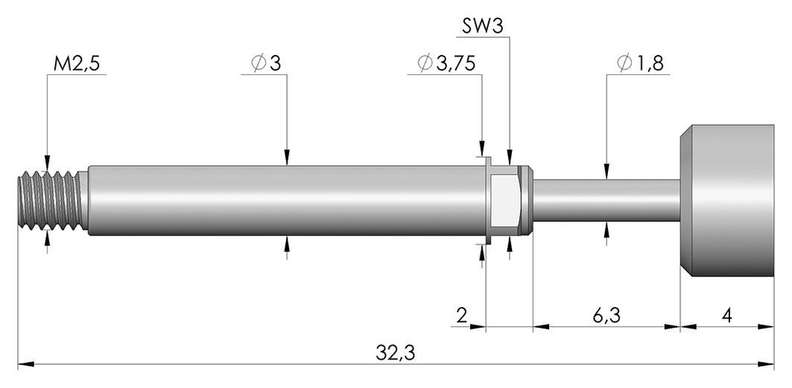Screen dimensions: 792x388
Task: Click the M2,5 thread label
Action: pos(77,64)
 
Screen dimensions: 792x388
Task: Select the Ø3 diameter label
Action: pos(266,63)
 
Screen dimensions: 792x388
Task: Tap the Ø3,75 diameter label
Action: pos(446,63)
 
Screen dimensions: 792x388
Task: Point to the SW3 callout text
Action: pos(483,26)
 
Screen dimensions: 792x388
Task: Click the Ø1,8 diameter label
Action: pos(640,63)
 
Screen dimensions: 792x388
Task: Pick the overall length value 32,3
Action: pos(395,353)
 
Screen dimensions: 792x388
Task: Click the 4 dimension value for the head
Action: pos(727,316)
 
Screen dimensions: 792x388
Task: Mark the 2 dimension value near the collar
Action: pos(461,316)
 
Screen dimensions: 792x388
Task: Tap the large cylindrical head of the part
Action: pos(727,200)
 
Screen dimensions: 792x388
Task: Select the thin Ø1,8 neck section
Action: pos(606,200)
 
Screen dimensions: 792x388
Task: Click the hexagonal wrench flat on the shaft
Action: pos(504,200)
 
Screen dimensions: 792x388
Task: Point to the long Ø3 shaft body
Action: pos(287,200)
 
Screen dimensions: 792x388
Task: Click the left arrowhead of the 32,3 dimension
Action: pos(26,364)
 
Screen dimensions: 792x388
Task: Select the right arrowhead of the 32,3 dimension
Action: pos(766,364)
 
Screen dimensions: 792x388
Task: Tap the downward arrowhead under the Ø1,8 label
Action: pos(606,172)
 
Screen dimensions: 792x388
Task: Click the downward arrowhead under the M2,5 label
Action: pos(47,164)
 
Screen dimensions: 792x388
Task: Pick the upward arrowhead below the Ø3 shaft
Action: pos(287,243)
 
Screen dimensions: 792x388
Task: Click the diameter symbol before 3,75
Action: pos(425,63)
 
